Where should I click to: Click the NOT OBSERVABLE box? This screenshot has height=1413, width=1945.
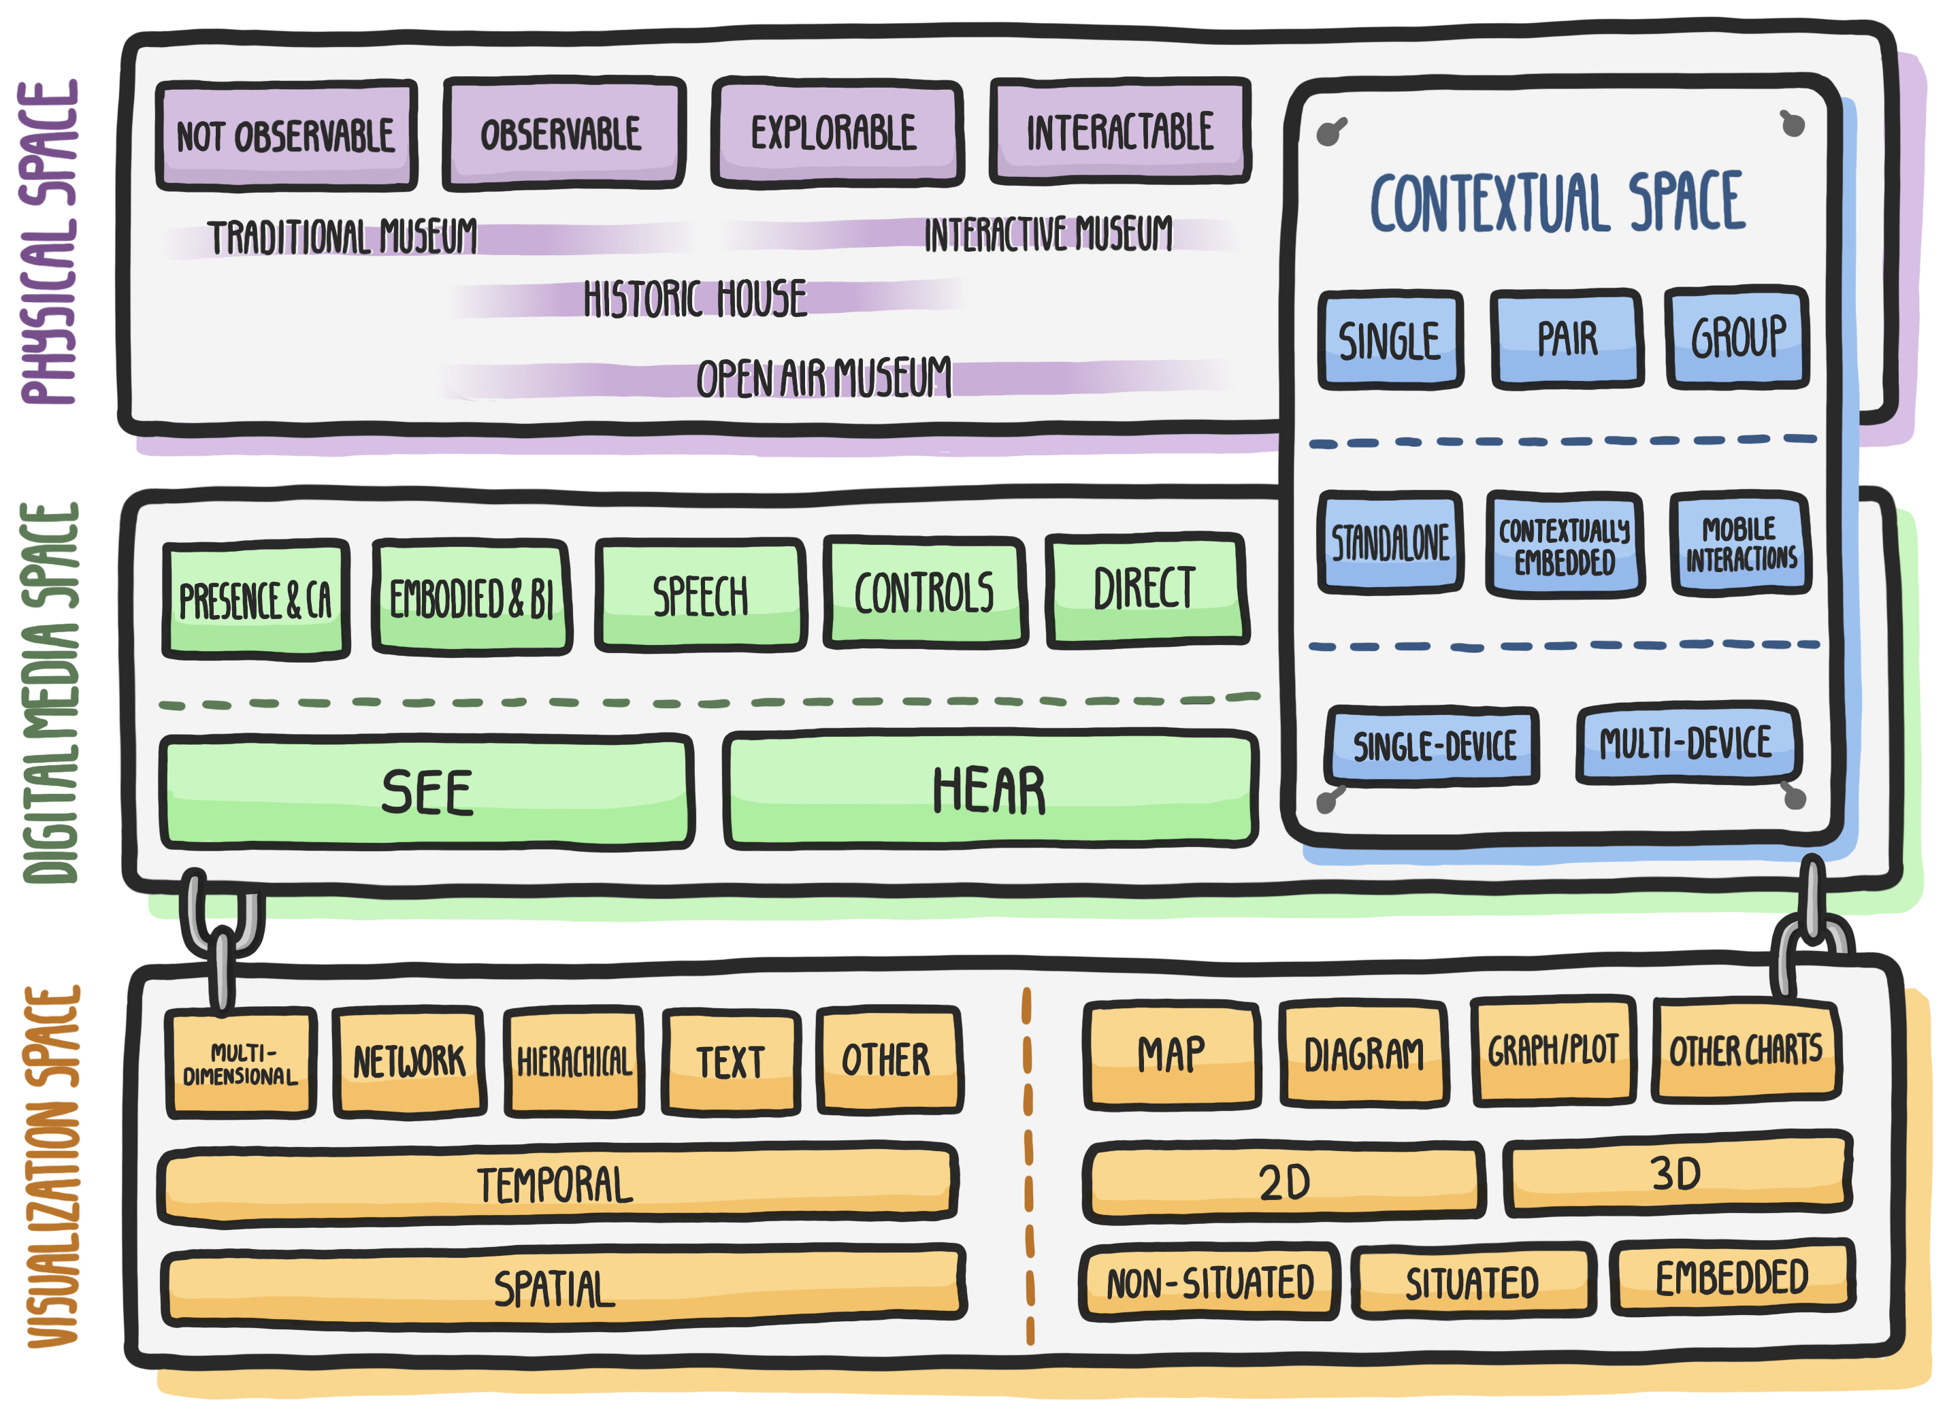coord(287,135)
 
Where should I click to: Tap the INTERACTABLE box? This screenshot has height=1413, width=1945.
coord(1120,132)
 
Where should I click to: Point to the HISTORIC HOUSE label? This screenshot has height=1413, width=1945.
coord(695,299)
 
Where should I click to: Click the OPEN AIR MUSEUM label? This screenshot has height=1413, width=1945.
coord(823,378)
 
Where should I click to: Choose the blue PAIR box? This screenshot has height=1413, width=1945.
coord(1567,339)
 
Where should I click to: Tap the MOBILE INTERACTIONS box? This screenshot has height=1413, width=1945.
coord(1740,544)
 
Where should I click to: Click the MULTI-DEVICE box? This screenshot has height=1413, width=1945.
coord(1687,744)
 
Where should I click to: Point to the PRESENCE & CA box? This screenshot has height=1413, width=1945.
coord(256,599)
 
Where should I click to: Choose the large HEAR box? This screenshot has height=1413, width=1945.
coord(990,791)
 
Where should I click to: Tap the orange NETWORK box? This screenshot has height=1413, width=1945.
coord(408,1061)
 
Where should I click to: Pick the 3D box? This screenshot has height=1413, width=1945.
coord(1677,1174)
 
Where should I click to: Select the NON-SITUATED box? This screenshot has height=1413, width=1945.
coord(1209,1282)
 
